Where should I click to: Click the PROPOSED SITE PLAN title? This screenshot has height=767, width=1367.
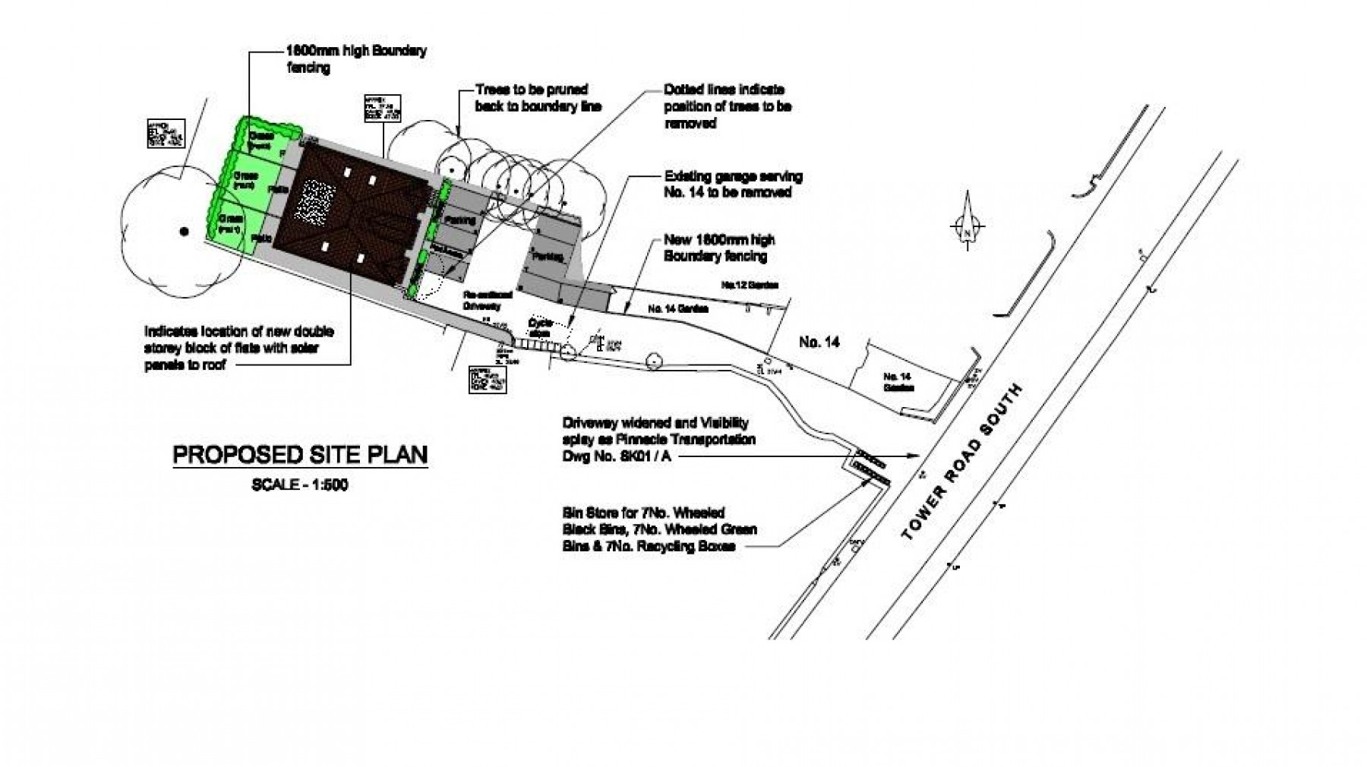tap(300, 455)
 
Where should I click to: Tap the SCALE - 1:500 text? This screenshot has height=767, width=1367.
tap(300, 485)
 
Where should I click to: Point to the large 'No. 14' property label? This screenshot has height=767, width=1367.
tap(819, 343)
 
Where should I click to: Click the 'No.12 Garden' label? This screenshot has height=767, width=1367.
tap(750, 286)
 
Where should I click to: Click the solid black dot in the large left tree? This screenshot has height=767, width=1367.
tap(183, 231)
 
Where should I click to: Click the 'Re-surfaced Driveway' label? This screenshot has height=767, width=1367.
tap(483, 300)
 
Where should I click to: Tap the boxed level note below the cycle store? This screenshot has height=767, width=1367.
tap(487, 380)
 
